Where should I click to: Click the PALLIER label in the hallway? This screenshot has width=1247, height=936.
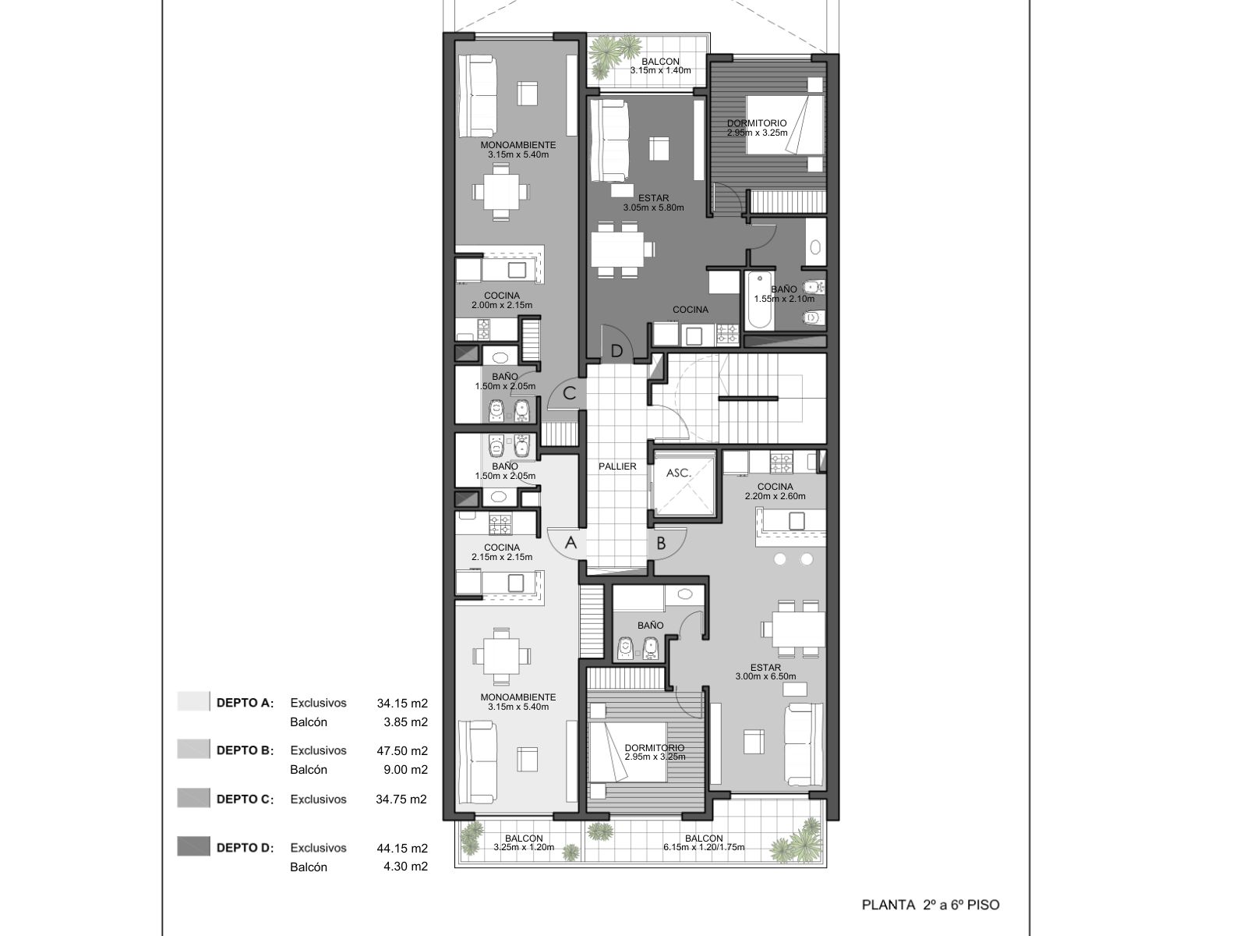click(617, 466)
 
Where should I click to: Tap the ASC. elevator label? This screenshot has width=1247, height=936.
click(678, 473)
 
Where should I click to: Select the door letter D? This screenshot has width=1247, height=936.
click(616, 351)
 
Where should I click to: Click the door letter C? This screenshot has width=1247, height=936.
click(569, 393)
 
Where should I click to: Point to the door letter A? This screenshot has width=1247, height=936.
click(571, 543)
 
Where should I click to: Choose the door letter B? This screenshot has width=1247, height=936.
click(661, 544)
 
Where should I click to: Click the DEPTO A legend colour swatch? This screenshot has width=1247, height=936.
click(193, 701)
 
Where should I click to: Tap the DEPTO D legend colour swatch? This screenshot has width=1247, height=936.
click(193, 846)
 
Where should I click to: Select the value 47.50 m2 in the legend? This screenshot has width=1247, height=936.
click(402, 750)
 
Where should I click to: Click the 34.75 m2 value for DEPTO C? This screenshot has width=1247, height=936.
click(401, 799)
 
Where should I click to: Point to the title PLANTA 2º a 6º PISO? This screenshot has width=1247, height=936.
click(931, 906)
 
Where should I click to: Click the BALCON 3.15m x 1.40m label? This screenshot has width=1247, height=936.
click(660, 66)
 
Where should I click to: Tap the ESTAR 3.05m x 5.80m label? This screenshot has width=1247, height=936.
click(653, 203)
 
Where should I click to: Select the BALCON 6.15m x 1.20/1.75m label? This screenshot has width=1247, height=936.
click(704, 843)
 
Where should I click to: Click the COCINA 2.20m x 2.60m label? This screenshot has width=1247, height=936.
click(775, 491)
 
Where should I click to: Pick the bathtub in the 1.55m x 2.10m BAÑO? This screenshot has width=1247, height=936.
click(759, 300)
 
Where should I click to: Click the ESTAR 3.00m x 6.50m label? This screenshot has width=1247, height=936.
click(765, 672)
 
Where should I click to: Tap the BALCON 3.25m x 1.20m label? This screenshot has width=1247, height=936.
click(524, 843)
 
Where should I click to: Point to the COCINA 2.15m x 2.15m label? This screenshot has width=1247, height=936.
click(502, 552)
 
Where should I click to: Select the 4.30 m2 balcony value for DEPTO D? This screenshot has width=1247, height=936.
click(405, 867)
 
